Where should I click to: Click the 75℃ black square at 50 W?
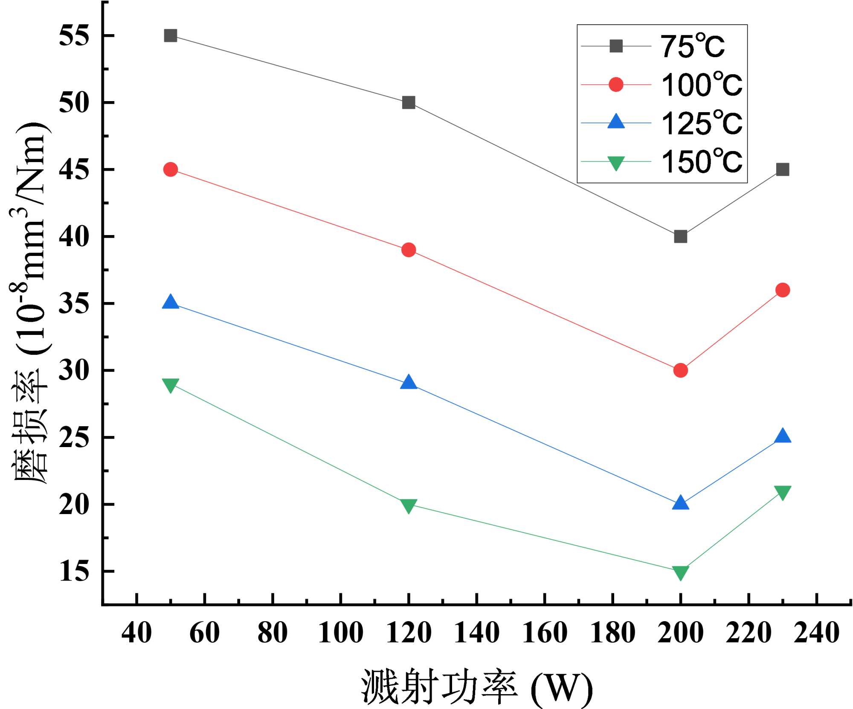(x=170, y=35)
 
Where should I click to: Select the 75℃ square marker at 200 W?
(x=680, y=236)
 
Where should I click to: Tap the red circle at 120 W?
(x=408, y=250)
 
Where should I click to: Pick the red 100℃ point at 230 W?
(x=782, y=290)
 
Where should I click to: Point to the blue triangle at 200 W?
(x=680, y=503)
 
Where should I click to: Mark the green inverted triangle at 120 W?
(x=408, y=506)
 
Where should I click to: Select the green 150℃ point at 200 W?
(x=680, y=572)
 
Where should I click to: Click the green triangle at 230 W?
(x=782, y=492)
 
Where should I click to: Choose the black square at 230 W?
(x=782, y=169)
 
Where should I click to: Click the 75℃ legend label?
(x=692, y=46)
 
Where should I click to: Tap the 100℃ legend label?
(x=701, y=84)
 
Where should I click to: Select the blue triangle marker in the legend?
(x=616, y=122)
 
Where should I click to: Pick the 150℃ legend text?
(x=701, y=162)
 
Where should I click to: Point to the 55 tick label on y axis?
(x=74, y=35)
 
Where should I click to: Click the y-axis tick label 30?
(x=74, y=370)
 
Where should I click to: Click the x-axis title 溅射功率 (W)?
(x=477, y=687)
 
